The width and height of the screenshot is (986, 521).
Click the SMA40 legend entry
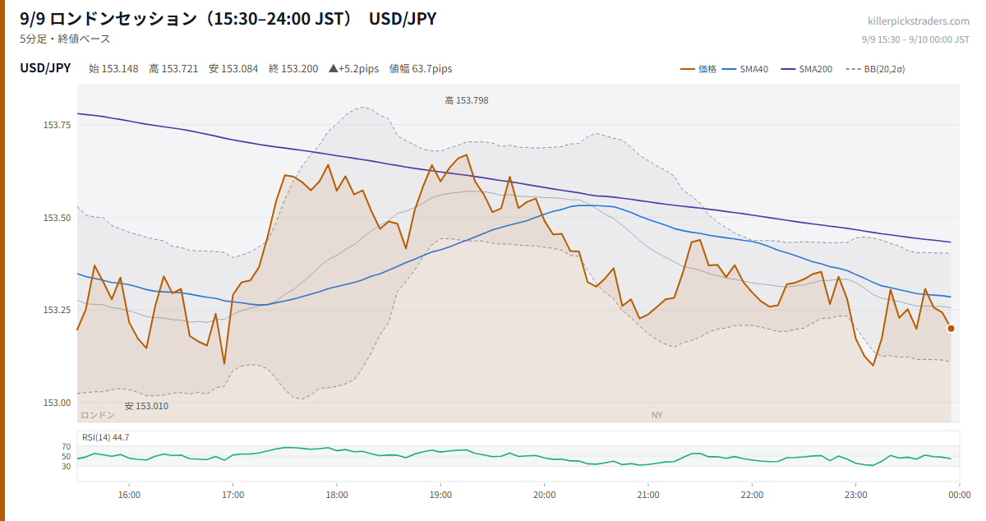click(745, 69)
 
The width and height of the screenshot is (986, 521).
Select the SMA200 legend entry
click(806, 69)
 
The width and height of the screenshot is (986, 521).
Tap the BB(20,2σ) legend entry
click(875, 69)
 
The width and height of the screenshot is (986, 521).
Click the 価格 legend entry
click(698, 69)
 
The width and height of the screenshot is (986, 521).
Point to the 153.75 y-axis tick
click(57, 125)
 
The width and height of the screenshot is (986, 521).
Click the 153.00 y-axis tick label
click(57, 403)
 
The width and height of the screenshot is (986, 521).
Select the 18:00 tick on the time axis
click(337, 495)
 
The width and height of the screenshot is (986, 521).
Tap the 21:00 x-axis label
click(648, 495)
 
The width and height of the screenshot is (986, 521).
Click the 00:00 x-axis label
click(959, 495)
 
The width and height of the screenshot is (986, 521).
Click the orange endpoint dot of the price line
click(951, 329)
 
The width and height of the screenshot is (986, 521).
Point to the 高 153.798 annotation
click(467, 100)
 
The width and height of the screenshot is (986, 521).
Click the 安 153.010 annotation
click(146, 406)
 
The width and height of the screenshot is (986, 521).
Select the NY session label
click(657, 415)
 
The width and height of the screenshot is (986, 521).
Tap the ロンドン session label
click(98, 415)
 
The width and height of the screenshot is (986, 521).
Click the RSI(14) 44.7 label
click(106, 437)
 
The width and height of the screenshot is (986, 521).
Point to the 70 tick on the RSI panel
click(66, 446)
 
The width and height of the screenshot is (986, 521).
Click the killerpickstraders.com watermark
click(919, 21)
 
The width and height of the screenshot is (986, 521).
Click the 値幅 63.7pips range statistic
click(421, 69)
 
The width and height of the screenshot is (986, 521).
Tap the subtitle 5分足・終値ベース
click(65, 39)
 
